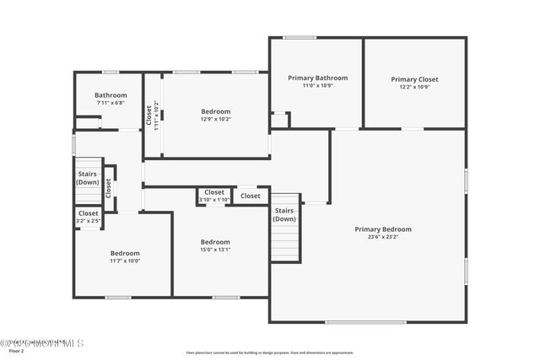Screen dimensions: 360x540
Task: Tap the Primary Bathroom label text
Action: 317,78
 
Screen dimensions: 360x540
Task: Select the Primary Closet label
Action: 414,79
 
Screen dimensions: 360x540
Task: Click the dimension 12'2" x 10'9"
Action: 414,87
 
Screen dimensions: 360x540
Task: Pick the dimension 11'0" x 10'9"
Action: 317,86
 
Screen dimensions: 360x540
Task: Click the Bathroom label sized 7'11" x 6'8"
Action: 111,95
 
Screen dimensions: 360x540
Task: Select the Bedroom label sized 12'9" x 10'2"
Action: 215,111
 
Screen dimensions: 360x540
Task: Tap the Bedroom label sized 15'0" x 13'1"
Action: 215,242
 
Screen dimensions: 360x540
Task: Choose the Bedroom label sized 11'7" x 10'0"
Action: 125,253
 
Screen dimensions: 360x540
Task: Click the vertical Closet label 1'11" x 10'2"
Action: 150,116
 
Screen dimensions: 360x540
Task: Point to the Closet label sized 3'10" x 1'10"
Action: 214,192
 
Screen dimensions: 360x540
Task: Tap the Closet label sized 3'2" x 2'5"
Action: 88,213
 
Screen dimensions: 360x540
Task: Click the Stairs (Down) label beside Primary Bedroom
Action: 284,215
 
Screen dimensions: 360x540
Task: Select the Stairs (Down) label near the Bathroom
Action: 88,178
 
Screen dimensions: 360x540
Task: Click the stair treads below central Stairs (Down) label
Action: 285,243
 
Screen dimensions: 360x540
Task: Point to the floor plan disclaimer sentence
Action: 270,352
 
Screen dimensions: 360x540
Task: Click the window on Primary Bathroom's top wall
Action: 300,37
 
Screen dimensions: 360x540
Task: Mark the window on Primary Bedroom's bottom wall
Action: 354,322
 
